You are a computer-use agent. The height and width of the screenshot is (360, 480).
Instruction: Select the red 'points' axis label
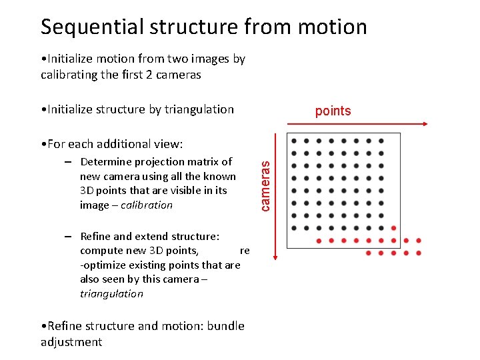click(333, 111)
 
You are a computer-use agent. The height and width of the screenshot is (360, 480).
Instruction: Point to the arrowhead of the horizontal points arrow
click(424, 124)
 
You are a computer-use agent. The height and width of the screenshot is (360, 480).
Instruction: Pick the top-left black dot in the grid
click(293, 141)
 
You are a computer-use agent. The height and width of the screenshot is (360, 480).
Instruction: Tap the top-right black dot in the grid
click(381, 141)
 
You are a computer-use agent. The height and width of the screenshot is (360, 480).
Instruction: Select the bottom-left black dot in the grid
click(293, 228)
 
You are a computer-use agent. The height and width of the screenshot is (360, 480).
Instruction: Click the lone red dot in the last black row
click(393, 228)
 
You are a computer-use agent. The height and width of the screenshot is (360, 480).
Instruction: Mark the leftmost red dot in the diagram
click(319, 241)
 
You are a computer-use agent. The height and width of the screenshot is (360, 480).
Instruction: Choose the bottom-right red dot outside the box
click(419, 253)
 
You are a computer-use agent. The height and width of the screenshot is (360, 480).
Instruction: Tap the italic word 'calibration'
click(147, 205)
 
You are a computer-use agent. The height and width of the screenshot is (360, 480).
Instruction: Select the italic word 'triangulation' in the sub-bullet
click(111, 293)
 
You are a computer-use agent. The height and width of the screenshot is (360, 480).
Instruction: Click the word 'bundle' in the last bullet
click(226, 325)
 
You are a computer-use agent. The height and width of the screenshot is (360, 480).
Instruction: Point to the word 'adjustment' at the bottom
click(71, 342)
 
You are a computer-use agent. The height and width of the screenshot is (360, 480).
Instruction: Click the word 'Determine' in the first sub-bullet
click(104, 161)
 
